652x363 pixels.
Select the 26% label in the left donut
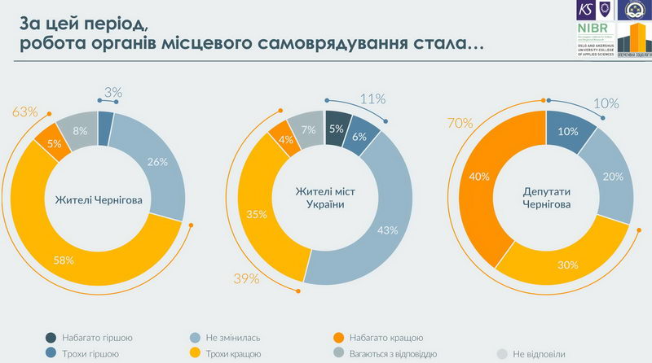point(157,162)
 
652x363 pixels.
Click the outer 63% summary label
point(25,112)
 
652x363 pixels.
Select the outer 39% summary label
point(245,279)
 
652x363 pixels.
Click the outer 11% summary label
point(372,99)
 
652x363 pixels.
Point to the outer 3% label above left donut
point(112,93)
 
